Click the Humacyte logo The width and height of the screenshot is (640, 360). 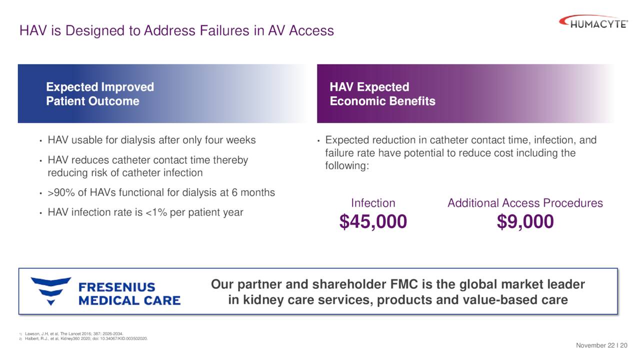pos(593,22)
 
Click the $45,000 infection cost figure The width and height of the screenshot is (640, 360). pos(373,221)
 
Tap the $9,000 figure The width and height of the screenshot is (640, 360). pos(525,221)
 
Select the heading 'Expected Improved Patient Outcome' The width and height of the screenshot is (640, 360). pos(100,94)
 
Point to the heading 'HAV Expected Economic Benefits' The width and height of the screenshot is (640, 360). pos(382,94)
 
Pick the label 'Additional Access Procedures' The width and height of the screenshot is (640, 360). pos(525,203)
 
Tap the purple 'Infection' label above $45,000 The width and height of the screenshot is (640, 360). pos(373,203)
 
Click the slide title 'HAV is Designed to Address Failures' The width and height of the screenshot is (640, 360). pos(176,30)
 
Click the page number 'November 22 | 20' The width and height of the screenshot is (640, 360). pos(602,345)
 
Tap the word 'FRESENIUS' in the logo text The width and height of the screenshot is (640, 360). pos(117,287)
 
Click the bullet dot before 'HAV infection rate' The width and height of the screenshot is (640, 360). pos(40,213)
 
